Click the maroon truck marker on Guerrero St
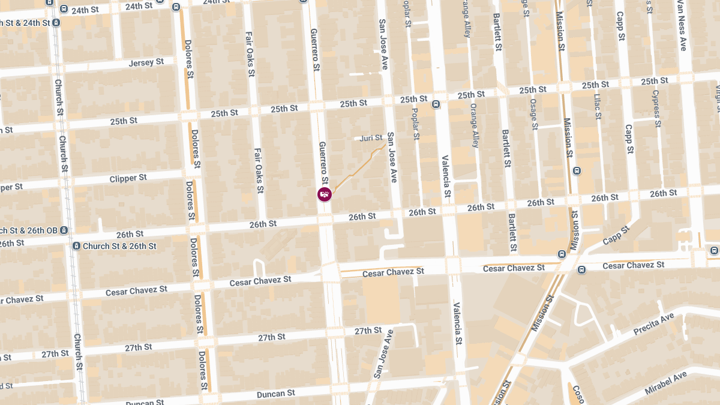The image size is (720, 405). tap(324, 194)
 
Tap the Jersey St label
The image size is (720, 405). tap(146, 62)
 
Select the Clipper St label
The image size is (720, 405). tap(128, 179)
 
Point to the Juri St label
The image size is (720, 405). tap(371, 138)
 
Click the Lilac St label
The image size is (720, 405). tap(597, 106)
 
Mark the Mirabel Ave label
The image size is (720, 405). tap(665, 383)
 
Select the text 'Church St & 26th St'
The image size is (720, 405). tap(119, 246)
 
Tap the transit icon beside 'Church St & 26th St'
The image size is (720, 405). tap(76, 246)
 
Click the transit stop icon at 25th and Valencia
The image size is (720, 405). tap(436, 104)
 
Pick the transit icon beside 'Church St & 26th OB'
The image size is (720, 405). tap(64, 230)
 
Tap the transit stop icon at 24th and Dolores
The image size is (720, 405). tap(175, 7)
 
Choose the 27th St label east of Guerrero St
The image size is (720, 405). tap(368, 331)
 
